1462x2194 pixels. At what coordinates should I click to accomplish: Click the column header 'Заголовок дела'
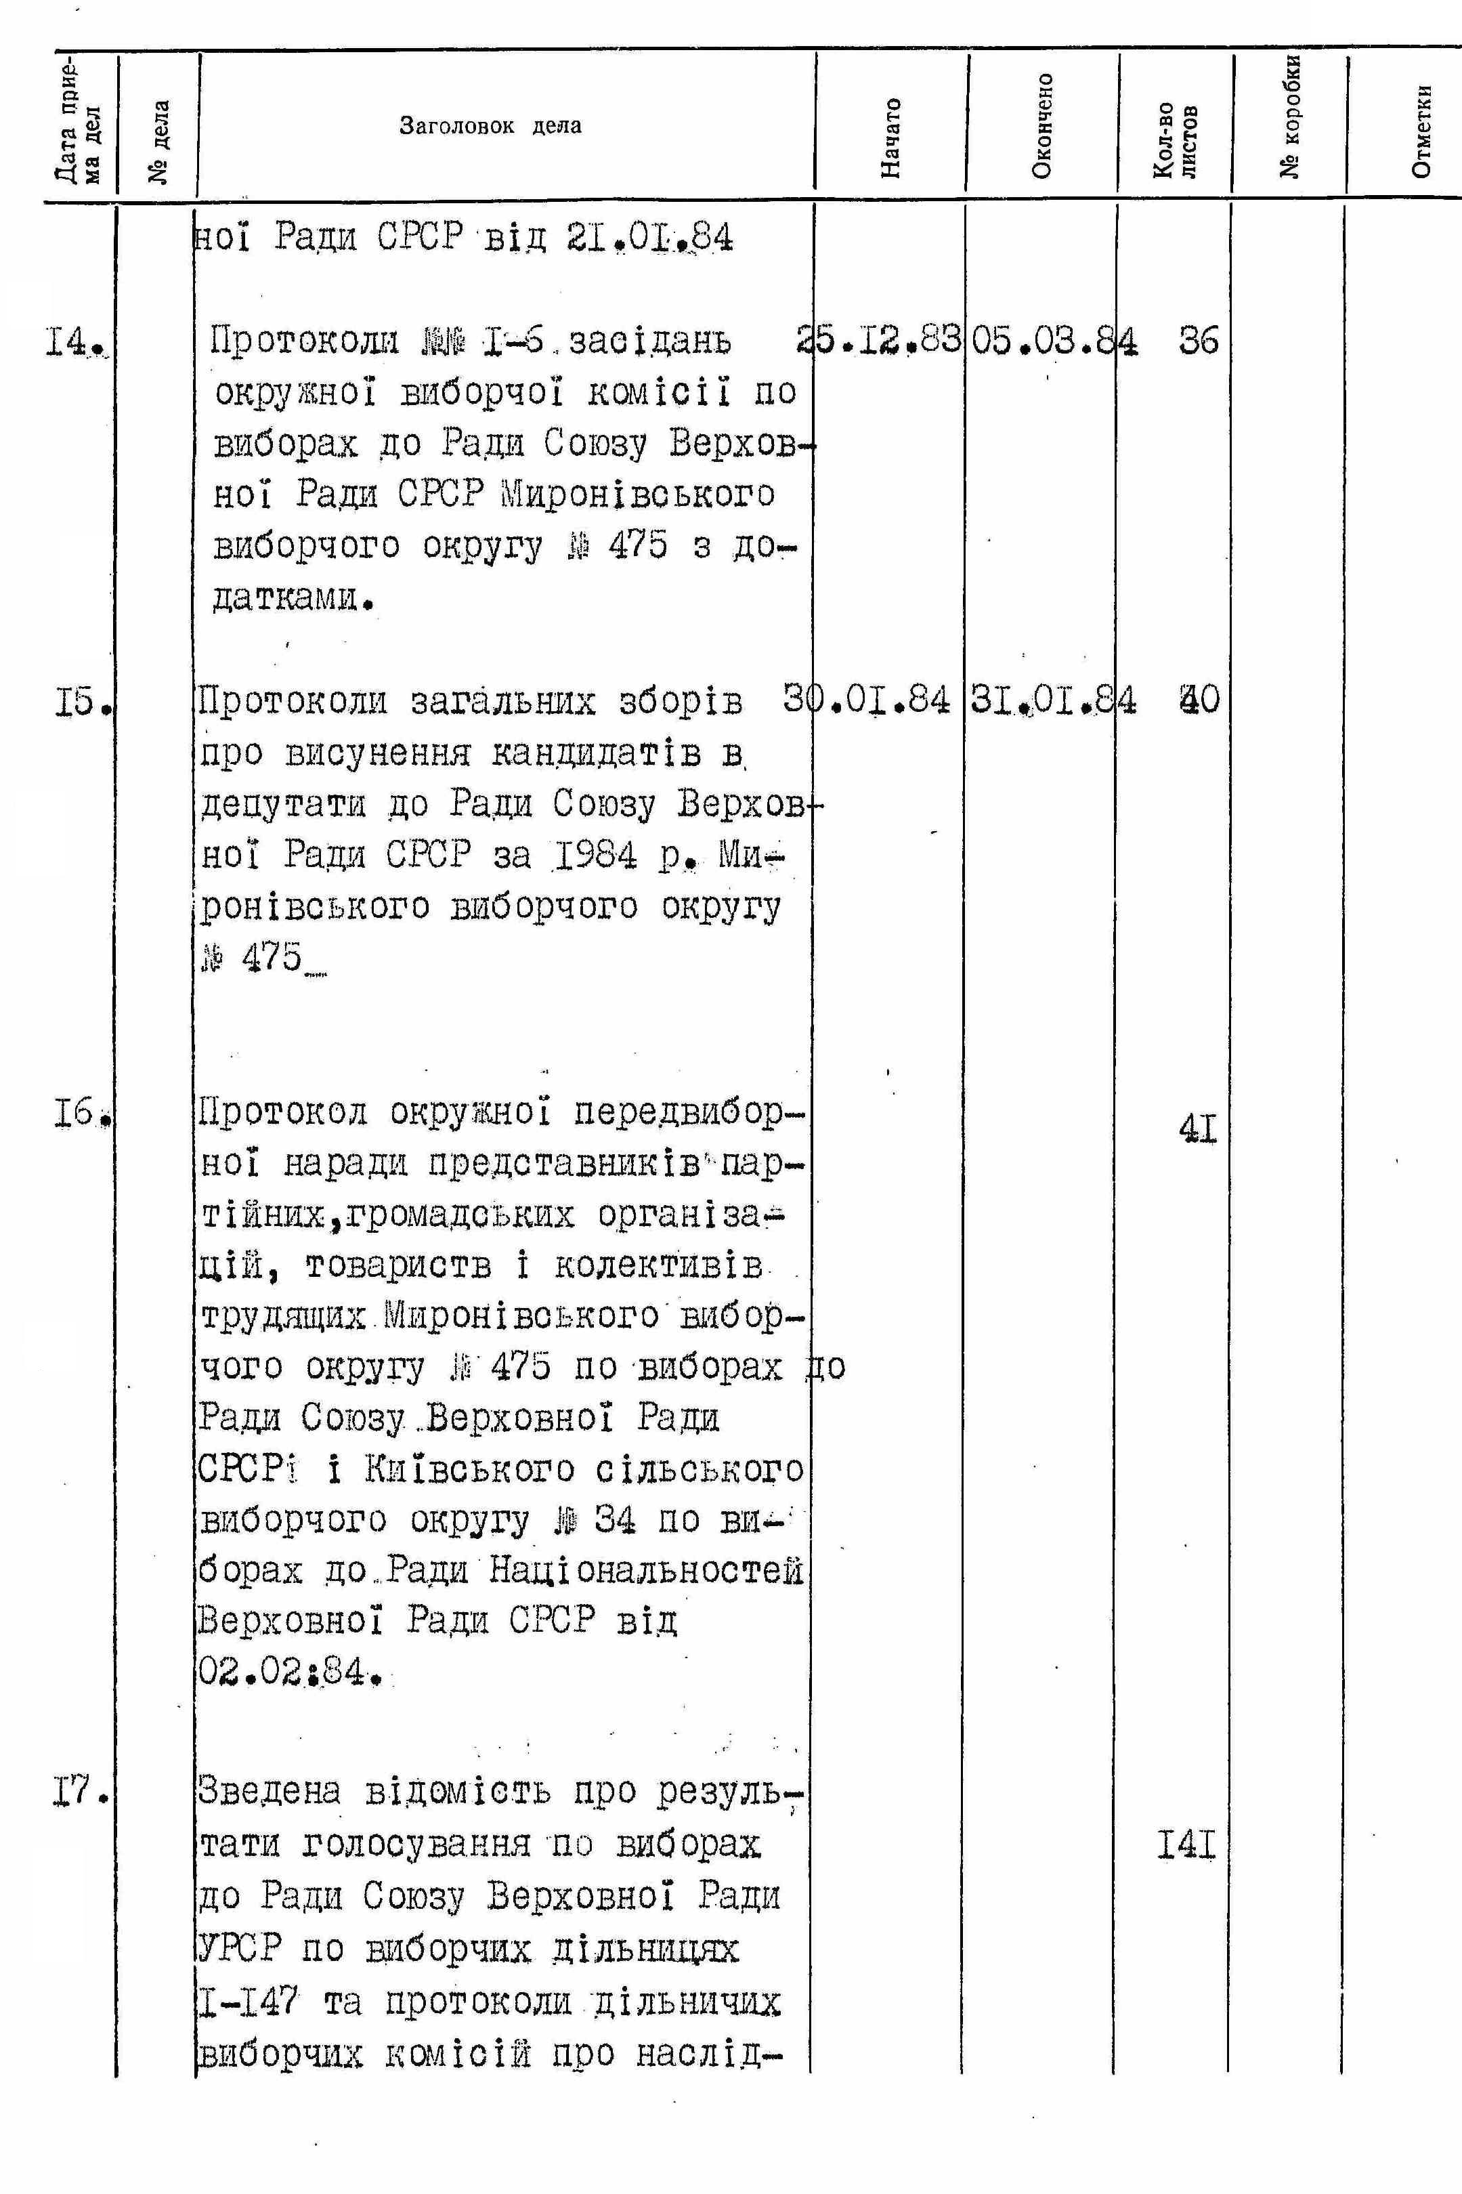(490, 126)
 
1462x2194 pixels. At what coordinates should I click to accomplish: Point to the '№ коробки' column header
(1291, 116)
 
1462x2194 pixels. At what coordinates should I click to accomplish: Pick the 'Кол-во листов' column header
(1175, 140)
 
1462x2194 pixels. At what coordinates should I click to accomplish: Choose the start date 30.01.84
(867, 699)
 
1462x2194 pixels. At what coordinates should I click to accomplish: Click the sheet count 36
(1198, 341)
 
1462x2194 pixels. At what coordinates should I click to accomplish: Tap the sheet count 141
(1187, 1844)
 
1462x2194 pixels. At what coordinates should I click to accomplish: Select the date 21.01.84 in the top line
(649, 238)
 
